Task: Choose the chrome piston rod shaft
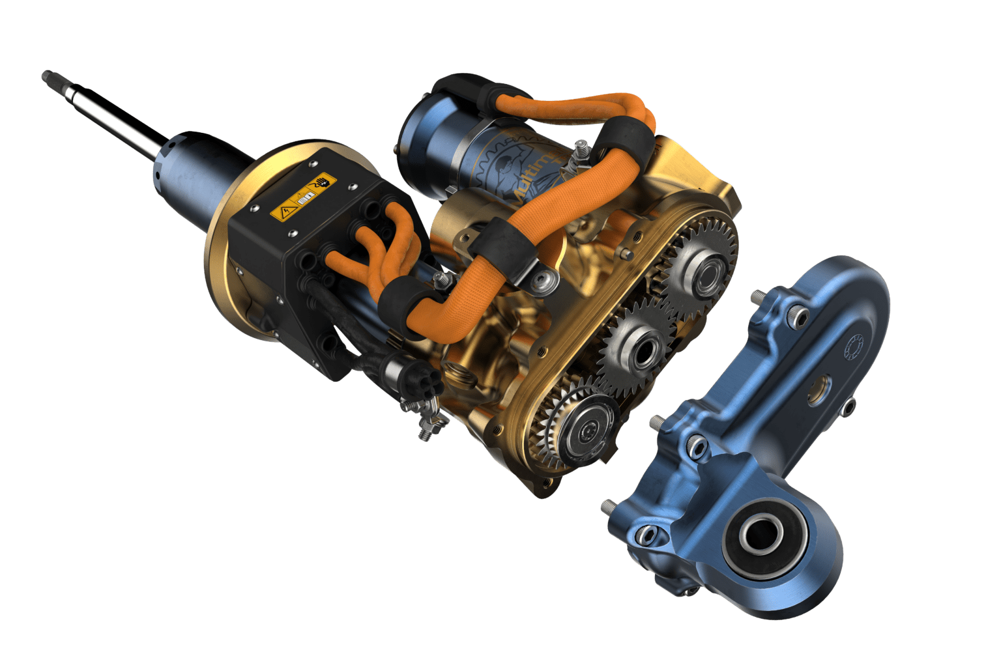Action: point(117,117)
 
